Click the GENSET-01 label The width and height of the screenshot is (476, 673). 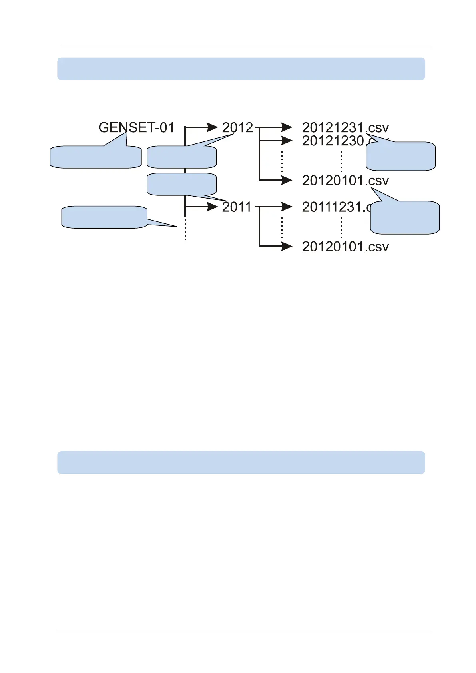point(136,128)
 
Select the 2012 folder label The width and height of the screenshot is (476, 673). point(237,128)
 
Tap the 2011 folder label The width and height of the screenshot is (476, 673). point(237,207)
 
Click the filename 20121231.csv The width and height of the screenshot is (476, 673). point(345,128)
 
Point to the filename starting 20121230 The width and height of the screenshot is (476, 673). point(333,141)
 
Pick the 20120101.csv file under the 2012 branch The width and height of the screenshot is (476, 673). point(345,181)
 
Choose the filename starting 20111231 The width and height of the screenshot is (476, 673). point(333,207)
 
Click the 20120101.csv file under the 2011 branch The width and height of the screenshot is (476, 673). point(345,247)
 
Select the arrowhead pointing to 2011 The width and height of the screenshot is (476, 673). point(212,207)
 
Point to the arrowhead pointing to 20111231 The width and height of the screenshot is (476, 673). point(287,207)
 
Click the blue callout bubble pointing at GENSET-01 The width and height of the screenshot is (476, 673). point(96,157)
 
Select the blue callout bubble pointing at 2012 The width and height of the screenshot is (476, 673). point(181,157)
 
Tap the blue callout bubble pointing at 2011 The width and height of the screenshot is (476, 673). point(181,184)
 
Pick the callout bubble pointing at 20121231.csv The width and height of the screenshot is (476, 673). point(400,156)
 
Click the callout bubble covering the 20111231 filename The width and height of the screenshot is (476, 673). point(405,218)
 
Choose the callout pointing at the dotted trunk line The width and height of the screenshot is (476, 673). point(104,217)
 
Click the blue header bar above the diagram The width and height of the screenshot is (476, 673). point(241,69)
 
